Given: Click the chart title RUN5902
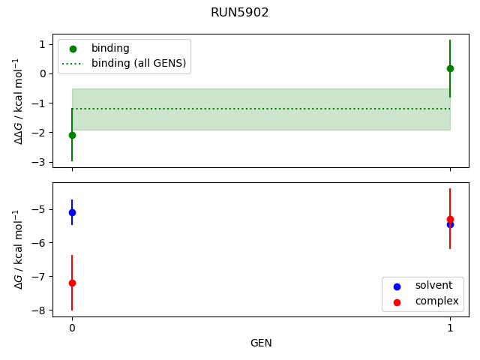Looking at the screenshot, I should pos(240,13).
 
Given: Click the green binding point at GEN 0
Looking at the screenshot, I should pos(72,135).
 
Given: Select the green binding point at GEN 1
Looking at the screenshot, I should pos(450,68).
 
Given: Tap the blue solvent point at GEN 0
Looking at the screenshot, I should pos(72,212).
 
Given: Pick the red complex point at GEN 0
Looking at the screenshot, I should pos(72,283).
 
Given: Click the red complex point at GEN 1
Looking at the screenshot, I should pos(450,219).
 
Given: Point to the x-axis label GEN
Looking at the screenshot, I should pos(261,343).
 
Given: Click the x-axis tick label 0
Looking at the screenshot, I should pos(72,328).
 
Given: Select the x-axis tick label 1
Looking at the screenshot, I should pos(450,328).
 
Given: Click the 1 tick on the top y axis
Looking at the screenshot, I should pos(43,44).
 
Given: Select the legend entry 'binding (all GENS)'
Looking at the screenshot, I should pos(138,63).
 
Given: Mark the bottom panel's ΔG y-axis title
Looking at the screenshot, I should pos(19,250).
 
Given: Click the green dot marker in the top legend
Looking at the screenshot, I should pos(73,49).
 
